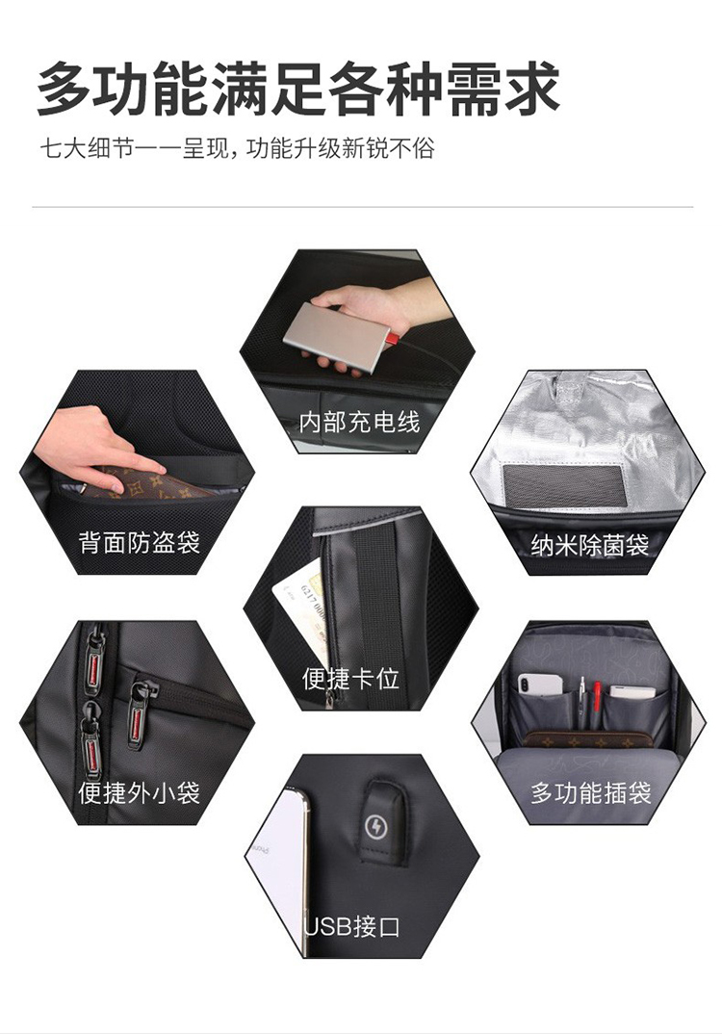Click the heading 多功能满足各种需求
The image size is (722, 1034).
click(x=298, y=89)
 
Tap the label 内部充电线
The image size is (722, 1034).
click(x=359, y=422)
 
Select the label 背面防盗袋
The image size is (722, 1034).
click(x=140, y=543)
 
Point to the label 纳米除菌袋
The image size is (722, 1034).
click(x=589, y=545)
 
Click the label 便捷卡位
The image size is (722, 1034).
click(x=350, y=679)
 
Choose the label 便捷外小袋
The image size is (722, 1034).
click(x=140, y=792)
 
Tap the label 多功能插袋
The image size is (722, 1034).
click(x=591, y=792)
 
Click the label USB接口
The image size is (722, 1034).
click(x=352, y=926)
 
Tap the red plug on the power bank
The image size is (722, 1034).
click(x=392, y=339)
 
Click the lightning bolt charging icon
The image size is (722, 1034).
click(x=376, y=826)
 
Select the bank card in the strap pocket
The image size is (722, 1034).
click(x=302, y=613)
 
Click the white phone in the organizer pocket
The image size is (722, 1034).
click(x=540, y=685)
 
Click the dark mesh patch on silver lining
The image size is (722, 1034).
click(x=563, y=485)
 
